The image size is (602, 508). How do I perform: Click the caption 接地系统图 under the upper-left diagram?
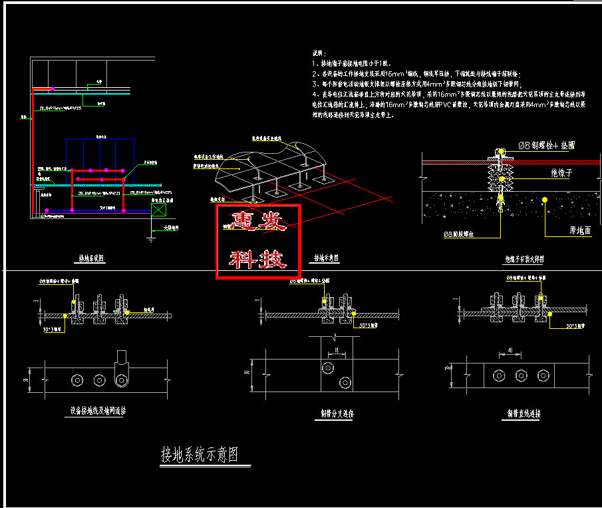94,258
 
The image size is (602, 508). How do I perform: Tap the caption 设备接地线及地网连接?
98,411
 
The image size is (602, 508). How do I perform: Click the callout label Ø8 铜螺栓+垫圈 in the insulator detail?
546,144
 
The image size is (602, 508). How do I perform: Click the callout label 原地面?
561,230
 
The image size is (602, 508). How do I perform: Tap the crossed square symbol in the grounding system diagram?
159,210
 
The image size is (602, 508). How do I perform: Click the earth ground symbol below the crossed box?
148,234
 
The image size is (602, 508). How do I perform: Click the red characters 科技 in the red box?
258,259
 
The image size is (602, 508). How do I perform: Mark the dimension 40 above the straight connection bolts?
510,350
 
